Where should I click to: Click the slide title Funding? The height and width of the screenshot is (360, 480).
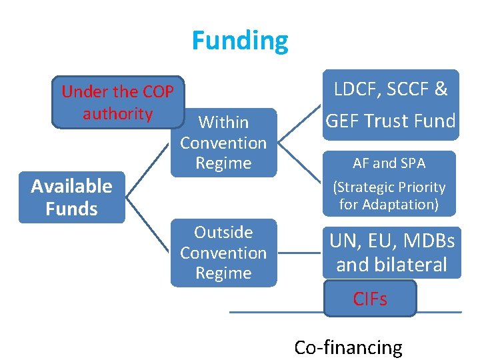[x=240, y=41]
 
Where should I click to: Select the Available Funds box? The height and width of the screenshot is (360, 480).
[x=71, y=197]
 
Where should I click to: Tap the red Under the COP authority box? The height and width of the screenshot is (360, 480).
[x=118, y=102]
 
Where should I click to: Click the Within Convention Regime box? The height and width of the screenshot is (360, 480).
[x=223, y=143]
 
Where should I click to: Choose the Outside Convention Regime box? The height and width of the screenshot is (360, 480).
[x=223, y=253]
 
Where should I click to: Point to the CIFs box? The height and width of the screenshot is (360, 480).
[x=370, y=299]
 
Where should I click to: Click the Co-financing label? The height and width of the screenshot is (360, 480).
[x=348, y=347]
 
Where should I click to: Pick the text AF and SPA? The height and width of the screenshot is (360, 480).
[x=389, y=163]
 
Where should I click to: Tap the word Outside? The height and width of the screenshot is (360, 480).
[x=223, y=232]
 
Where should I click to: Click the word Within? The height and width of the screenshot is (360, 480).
[x=223, y=122]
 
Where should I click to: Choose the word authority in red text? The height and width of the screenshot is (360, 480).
[x=118, y=113]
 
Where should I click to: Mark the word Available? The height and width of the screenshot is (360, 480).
[x=71, y=185]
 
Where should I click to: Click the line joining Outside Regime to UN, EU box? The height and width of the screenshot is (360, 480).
[x=299, y=253]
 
